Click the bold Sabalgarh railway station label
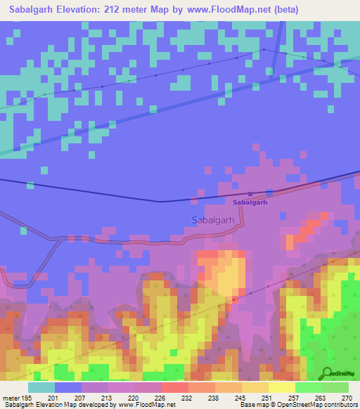[x=250, y=202]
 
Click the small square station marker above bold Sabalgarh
[x=250, y=194]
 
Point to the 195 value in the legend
[x=27, y=397]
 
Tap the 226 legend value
[x=161, y=397]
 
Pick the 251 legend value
[x=268, y=397]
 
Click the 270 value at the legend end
[x=347, y=397]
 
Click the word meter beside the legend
[x=11, y=397]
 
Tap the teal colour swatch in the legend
[x=41, y=387]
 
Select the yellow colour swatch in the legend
[x=281, y=387]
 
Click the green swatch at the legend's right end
[x=335, y=387]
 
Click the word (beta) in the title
[x=285, y=10]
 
